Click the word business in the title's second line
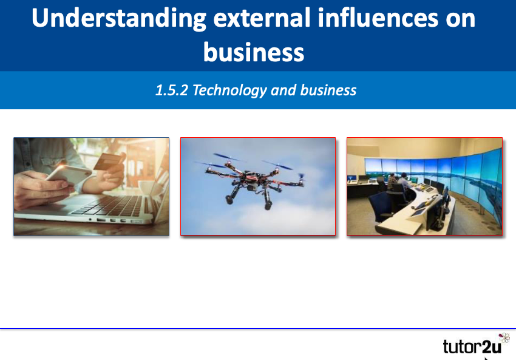pos(254,52)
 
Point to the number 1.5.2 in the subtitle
pos(172,90)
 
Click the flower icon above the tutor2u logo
pos(503,338)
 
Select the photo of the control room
pos(424,186)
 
